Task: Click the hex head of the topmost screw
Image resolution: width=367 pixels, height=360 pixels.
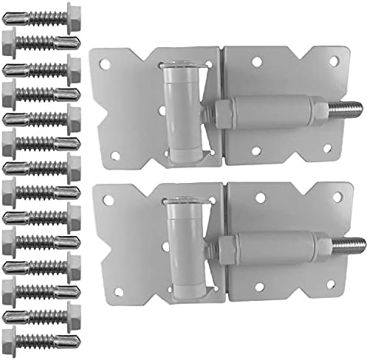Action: click(x=72, y=13)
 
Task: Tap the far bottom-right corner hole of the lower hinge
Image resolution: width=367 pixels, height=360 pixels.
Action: click(x=325, y=291)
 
